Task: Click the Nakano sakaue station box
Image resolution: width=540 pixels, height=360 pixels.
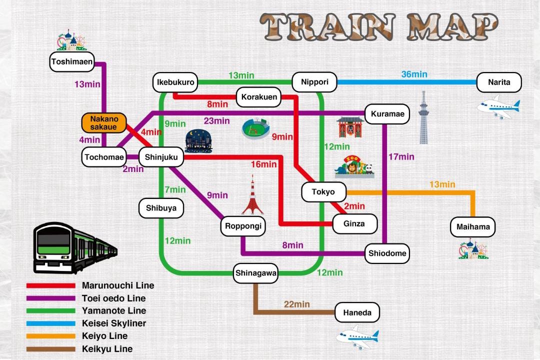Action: coord(104,123)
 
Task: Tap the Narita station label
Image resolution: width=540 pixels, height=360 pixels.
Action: coord(499,82)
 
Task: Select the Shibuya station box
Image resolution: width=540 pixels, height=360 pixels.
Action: coord(161,208)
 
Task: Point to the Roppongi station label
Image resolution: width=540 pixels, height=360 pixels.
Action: coord(243,226)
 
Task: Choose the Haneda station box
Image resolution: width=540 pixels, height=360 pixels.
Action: coord(357,312)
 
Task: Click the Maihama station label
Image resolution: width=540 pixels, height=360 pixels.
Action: coord(473,226)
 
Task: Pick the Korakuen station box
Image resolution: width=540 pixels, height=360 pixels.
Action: coord(259,97)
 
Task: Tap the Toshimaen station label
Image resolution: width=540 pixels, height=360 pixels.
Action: coord(72,61)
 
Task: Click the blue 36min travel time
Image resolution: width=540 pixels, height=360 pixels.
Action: coord(414,74)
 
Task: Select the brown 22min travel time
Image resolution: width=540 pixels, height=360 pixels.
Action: coord(297,304)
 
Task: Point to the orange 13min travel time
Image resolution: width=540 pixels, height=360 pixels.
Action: coord(442,184)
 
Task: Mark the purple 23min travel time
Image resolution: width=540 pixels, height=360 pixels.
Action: coord(216,121)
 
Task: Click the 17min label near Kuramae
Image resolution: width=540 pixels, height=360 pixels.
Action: coord(401,156)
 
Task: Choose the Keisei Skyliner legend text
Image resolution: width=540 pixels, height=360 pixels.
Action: coord(114,323)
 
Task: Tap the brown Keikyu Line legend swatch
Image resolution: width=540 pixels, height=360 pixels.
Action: coord(51,349)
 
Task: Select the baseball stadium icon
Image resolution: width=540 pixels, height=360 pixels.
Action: coord(255,128)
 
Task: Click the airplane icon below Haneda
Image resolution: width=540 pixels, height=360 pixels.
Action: coord(357,337)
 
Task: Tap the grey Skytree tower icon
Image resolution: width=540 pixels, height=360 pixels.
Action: coord(423,117)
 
